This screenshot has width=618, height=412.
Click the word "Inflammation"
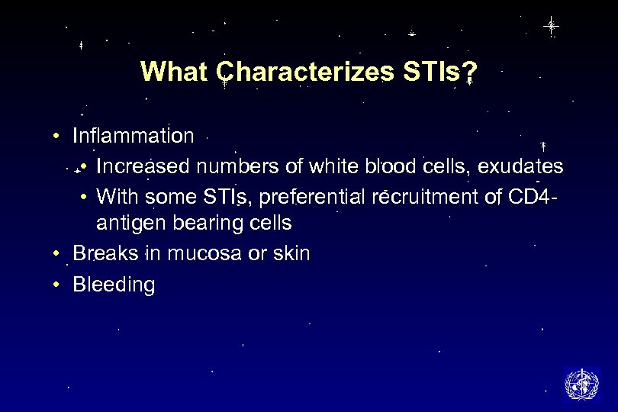click(134, 137)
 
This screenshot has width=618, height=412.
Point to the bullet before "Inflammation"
click(57, 137)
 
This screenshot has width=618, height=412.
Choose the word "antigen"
click(125, 224)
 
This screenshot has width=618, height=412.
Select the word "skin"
click(291, 253)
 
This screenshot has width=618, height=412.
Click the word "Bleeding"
click(114, 285)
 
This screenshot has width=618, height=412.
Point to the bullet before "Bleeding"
click(57, 285)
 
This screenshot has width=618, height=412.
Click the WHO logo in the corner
click(581, 384)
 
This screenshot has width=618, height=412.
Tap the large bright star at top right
click(551, 26)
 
